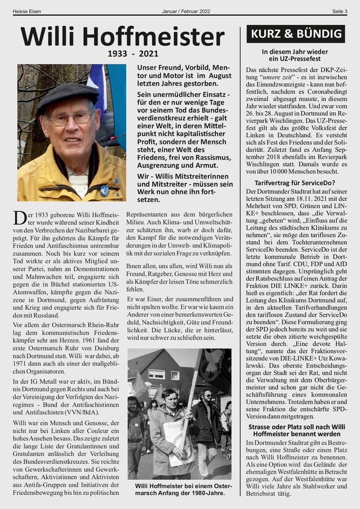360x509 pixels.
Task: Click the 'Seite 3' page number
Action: pyautogui.click(x=339, y=11)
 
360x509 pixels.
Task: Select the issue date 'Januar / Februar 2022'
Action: pyautogui.click(x=186, y=11)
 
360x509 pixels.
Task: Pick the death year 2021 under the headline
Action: pyautogui.click(x=147, y=54)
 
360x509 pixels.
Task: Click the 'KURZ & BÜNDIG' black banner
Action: pyautogui.click(x=296, y=34)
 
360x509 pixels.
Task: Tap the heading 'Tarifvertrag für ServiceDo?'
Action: pyautogui.click(x=295, y=182)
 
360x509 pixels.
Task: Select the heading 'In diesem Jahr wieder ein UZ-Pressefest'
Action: pyautogui.click(x=295, y=55)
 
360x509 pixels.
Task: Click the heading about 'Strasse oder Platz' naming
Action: pyautogui.click(x=295, y=430)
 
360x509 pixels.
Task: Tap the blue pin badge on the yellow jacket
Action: pyautogui.click(x=104, y=190)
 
